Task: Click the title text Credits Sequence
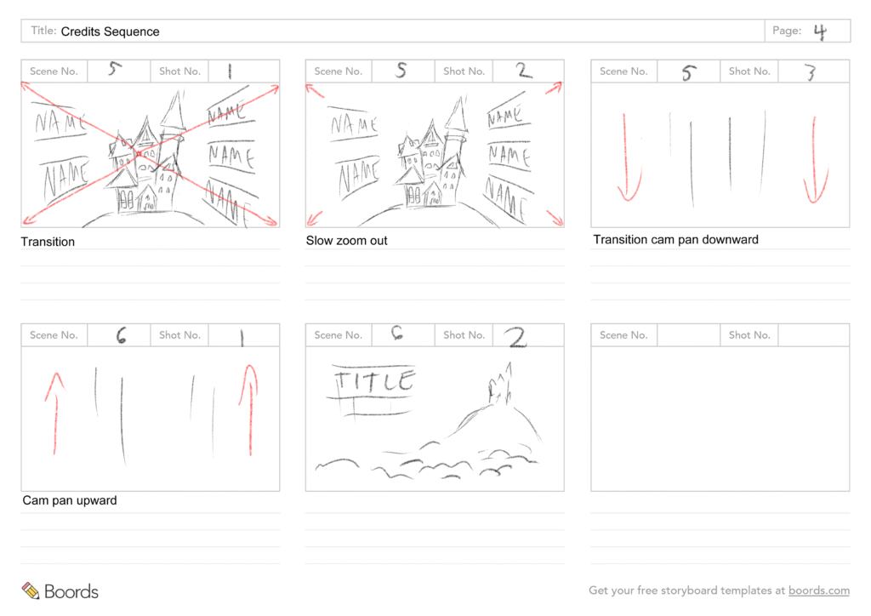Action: coord(110,31)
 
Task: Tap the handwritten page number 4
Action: coord(820,31)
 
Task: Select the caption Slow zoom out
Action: coord(347,241)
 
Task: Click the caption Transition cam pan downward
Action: coord(675,239)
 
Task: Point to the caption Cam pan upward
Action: coord(70,500)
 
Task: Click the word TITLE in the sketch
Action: coord(375,382)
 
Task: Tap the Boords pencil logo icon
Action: coord(31,590)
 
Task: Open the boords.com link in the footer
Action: coord(819,590)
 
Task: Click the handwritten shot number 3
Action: coord(811,72)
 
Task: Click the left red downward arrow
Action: coord(628,157)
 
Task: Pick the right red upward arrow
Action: coord(249,410)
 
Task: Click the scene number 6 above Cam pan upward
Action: coord(121,335)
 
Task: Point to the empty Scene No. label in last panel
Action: coord(623,335)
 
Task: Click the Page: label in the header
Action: coord(787,31)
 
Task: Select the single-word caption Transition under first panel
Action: coord(48,242)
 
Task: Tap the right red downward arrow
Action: coord(816,160)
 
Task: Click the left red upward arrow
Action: coord(55,414)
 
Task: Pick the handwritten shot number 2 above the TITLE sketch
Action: coord(516,337)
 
